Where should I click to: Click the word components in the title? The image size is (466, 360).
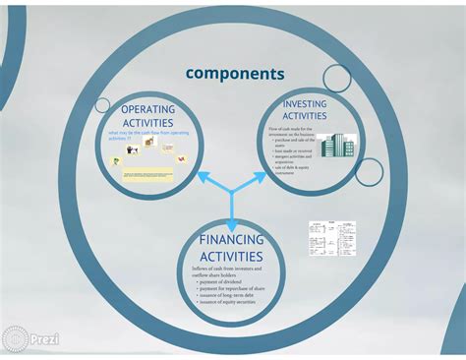pyautogui.click(x=235, y=74)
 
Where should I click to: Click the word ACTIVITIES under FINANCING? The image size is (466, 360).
pyautogui.click(x=233, y=257)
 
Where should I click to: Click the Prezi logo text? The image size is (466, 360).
pyautogui.click(x=43, y=338)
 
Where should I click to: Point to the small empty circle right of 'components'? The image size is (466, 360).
pyautogui.click(x=337, y=78)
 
